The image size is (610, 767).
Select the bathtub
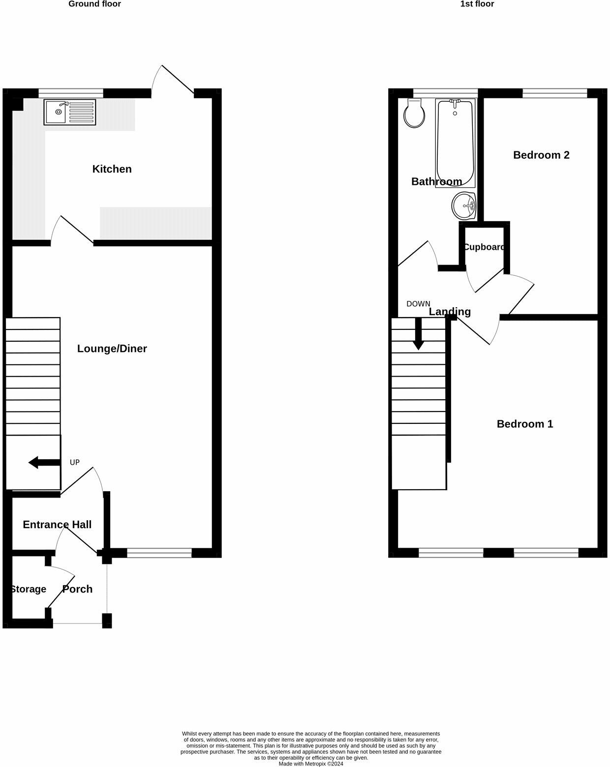pos(455,143)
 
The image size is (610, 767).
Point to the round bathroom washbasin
pos(463,206)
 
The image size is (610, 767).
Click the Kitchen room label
pos(112,169)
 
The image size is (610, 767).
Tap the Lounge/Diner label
pos(112,349)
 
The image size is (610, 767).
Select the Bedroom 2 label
pos(541,155)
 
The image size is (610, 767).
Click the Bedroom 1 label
pos(525,424)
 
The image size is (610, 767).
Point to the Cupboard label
pos(484,247)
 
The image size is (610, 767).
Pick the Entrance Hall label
pos(57,525)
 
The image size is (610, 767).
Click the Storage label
pos(28,589)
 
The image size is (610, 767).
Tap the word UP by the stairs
pos(75,462)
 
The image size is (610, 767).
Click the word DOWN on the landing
pos(418,304)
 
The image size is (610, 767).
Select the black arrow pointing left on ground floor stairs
pos(43,462)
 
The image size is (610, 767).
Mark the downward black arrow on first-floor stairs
pos(418,334)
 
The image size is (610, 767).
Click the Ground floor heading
pos(94,4)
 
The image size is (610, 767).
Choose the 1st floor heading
pos(477,4)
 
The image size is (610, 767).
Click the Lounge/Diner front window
pos(159,553)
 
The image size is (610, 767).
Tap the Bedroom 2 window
pos(554,93)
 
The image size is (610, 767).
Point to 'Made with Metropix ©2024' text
pos(311,764)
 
